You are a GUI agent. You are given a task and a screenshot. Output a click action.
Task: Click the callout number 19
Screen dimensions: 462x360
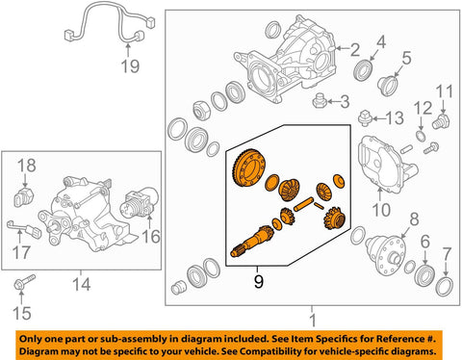pos(130,66)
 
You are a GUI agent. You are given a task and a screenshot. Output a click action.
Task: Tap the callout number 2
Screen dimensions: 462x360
pos(355,50)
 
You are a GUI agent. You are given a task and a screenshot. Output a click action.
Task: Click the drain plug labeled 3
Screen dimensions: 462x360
pos(363,70)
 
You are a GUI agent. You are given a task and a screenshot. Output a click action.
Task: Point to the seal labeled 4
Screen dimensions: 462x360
pos(406,58)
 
